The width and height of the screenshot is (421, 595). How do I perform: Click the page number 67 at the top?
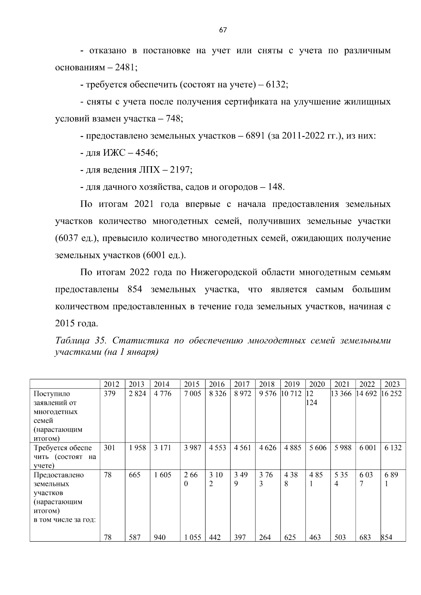tap(223, 30)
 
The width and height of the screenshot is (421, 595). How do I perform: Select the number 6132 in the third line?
tap(276, 85)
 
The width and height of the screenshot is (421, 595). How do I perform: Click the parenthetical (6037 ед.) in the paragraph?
tap(75, 238)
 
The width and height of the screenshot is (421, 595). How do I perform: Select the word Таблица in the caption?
tap(72, 341)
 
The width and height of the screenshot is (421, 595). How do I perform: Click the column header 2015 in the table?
tap(192, 384)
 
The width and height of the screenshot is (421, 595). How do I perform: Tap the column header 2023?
tap(392, 384)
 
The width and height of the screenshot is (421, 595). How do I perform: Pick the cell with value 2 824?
tap(137, 394)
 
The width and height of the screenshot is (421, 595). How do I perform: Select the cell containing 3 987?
tap(192, 448)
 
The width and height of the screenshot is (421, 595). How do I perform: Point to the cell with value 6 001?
tap(367, 448)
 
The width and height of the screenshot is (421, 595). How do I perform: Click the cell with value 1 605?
tap(162, 475)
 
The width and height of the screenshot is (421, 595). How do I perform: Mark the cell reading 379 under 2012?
tap(109, 394)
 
